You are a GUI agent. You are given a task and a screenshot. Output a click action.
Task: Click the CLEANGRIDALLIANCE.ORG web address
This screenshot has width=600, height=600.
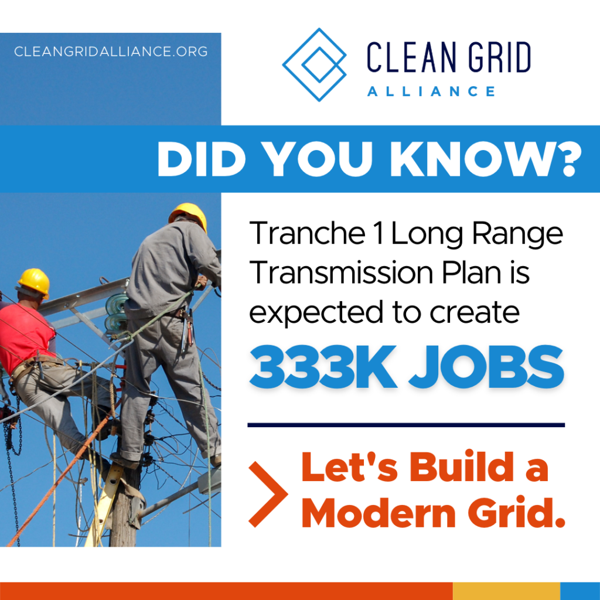pos(111,52)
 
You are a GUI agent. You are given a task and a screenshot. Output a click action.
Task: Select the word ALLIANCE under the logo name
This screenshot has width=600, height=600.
pos(431,91)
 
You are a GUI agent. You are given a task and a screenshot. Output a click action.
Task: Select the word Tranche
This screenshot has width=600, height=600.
pos(307,233)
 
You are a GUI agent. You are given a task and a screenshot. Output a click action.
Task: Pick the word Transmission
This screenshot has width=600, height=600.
pos(342,272)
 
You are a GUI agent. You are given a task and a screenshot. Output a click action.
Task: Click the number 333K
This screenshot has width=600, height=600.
pos(323,367)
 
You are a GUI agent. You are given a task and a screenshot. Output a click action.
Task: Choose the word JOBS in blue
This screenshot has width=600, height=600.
pos(486,367)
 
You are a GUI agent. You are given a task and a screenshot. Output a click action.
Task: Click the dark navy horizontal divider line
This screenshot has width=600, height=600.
pos(406,425)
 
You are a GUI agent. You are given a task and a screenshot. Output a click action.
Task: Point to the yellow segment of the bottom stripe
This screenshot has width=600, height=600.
pos(506,591)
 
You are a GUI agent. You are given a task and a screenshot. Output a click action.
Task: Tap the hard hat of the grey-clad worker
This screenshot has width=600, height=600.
pos(188,215)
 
